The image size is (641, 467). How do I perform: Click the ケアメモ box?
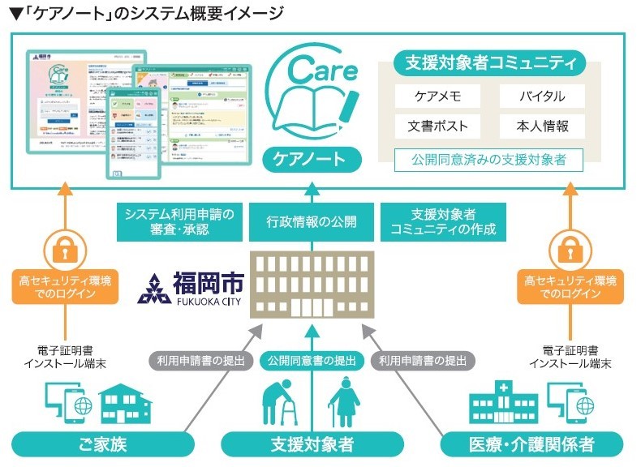point(437,96)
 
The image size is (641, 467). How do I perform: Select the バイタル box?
point(543,96)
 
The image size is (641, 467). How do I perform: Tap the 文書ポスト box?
point(437,126)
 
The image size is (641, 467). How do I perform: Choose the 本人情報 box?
point(543,126)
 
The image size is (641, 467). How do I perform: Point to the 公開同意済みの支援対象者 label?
point(489,159)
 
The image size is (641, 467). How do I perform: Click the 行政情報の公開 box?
point(312,222)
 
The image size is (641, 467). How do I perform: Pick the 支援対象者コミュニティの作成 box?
point(443,222)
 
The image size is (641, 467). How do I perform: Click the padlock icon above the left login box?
point(64,247)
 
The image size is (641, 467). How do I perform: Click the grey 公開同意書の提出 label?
point(312,360)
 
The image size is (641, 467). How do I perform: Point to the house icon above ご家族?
point(125,404)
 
